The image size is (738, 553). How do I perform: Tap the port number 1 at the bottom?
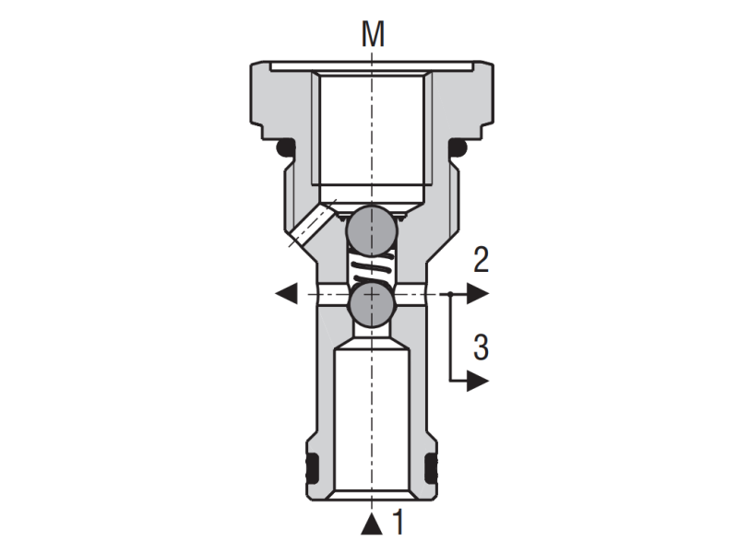tap(399, 523)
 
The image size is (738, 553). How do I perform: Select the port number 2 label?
tap(481, 260)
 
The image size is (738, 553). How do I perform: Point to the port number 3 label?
tap(481, 347)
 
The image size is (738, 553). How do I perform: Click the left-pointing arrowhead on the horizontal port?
tap(286, 294)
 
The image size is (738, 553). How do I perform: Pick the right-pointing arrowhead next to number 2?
tap(476, 294)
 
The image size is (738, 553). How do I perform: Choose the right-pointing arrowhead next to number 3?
tap(476, 380)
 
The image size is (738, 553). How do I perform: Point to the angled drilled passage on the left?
tap(312, 227)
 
